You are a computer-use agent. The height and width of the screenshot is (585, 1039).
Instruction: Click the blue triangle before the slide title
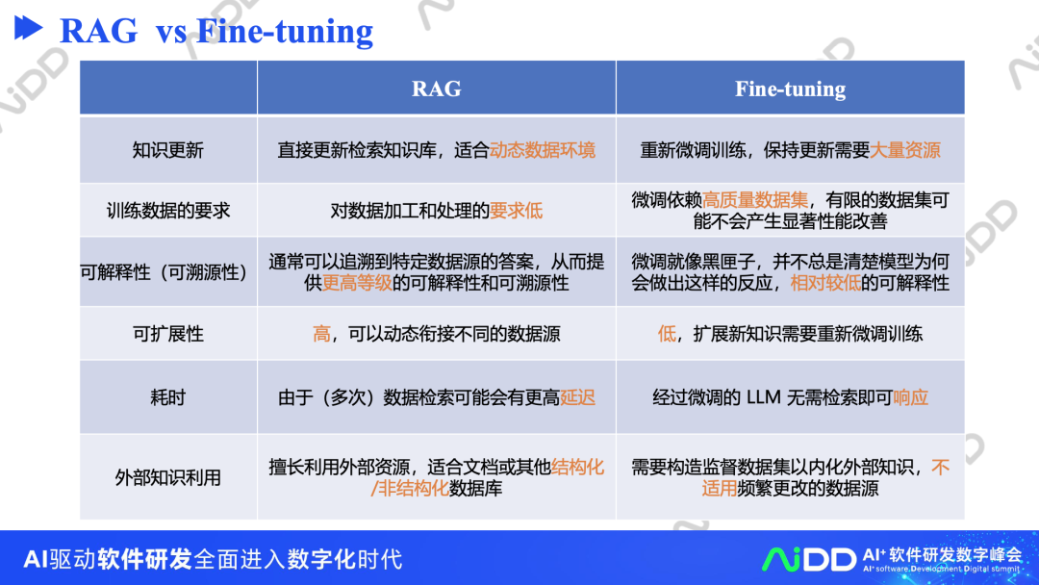coord(28,29)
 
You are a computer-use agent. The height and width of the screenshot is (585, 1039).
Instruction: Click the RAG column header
coord(436,89)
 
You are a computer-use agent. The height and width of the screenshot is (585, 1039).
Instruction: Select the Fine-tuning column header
coord(790,89)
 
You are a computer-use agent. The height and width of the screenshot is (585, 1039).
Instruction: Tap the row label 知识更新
coord(167,150)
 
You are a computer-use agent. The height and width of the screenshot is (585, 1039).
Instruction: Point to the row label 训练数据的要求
coord(167,211)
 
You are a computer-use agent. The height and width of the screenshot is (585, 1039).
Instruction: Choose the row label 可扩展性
coord(167,334)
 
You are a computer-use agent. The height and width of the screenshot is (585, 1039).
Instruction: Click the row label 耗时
coord(167,397)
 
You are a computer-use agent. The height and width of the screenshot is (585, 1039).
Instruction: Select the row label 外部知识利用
coord(167,477)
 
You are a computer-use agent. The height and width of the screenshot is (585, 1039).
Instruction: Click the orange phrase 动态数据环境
coord(543,150)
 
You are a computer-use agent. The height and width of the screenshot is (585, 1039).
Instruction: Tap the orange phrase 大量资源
coord(904,150)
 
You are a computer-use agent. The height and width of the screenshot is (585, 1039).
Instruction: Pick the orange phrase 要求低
coord(517,211)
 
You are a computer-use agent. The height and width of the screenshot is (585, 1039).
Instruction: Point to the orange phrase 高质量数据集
coord(755,200)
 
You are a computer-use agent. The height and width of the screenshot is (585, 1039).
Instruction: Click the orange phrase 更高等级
coord(357,283)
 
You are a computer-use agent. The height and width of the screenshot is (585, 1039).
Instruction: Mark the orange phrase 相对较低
coord(825,283)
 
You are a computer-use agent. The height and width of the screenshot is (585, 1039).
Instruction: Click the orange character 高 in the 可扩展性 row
coord(321,334)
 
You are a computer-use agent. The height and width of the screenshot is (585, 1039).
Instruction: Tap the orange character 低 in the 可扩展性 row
coord(667,334)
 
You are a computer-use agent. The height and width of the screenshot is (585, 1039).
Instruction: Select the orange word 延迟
coord(578,397)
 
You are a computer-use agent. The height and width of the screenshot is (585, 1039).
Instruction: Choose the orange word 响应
coord(910,397)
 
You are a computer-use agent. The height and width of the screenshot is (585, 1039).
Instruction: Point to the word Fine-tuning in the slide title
coord(285,32)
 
